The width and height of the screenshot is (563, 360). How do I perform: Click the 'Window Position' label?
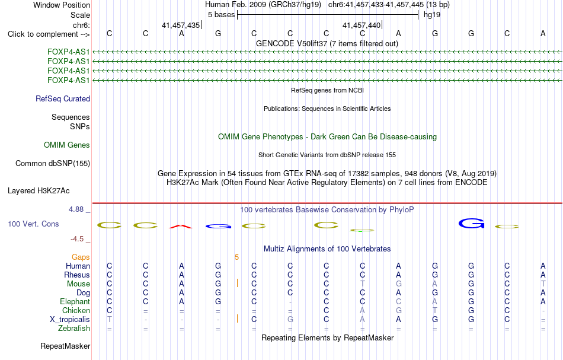coord(62,5)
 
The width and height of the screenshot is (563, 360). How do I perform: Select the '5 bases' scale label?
coord(221,15)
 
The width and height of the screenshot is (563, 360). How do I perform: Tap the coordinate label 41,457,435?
coord(181,25)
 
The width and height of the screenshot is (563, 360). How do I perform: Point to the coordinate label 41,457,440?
coord(362,25)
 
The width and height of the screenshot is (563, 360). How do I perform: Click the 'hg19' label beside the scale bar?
coord(432,15)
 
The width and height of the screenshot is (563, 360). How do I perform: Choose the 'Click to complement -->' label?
coord(49,34)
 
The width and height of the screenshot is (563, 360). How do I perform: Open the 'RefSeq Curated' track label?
coord(63,99)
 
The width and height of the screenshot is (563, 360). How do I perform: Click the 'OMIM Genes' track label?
coord(67,145)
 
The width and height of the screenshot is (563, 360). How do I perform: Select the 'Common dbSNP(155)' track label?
coord(53,164)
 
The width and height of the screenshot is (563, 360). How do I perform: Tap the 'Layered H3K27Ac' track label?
coord(39,191)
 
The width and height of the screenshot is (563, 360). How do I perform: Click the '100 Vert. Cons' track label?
coord(33,224)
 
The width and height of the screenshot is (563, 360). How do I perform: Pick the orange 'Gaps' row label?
coord(81,257)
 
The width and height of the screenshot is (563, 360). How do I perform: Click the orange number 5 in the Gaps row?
coord(236,257)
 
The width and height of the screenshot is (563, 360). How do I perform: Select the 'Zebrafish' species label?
coord(74,328)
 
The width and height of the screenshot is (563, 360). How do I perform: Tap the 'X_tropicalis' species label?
coord(70,320)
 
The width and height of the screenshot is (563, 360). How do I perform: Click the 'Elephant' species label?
coord(75,301)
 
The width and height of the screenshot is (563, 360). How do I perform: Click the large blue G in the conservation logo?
coord(472,224)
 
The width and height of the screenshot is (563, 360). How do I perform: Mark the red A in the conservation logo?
coord(181,227)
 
